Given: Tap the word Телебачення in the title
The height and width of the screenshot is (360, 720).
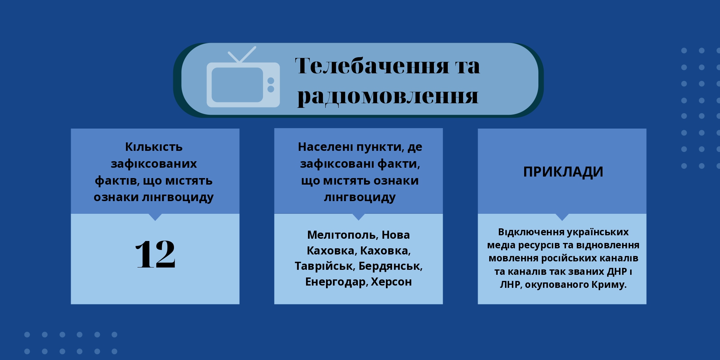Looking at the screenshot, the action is tap(372, 66).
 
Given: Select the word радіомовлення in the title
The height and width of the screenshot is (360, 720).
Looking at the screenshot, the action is tap(388, 96).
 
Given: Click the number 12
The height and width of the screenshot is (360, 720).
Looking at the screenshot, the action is tap(156, 254).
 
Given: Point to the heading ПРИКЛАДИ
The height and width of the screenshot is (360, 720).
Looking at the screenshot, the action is tap(563, 172).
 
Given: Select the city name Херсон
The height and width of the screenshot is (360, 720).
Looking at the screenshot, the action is tap(391, 282).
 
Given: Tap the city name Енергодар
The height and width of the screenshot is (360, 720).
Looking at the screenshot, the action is tap(337, 282).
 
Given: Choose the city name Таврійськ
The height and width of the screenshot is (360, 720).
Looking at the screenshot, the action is tap(325, 266).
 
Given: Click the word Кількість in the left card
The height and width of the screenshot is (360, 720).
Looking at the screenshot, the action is tap(154, 147).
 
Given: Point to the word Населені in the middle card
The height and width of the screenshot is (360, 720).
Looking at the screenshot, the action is tap(326, 147).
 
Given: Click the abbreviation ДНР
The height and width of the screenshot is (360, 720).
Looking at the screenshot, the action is tap(617, 272).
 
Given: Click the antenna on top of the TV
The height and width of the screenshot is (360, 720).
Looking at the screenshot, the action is tap(242, 54).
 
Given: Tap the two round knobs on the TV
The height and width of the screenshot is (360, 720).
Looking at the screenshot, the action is tap(271, 85).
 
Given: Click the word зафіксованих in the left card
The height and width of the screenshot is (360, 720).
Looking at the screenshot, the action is tap(154, 164).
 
